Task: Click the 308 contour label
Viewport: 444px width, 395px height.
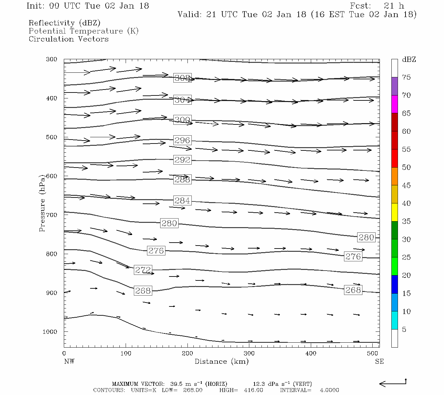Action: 182,78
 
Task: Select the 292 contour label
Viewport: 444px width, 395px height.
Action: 182,160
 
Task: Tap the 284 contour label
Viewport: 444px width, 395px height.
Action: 182,200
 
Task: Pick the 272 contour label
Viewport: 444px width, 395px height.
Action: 143,270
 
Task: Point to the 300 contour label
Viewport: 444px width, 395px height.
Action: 182,120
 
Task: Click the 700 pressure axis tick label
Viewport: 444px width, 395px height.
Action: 52,215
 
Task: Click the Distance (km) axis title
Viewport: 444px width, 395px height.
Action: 221,361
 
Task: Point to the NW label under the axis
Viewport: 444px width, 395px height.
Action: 69,361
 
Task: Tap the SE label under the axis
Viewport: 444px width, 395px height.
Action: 379,361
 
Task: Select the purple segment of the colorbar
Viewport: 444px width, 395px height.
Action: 394,86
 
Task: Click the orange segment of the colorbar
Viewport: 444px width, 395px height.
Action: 394,176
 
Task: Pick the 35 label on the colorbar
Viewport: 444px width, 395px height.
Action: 406,222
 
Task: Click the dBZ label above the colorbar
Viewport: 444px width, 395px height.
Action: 409,60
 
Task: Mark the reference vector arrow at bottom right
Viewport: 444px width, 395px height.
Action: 392,383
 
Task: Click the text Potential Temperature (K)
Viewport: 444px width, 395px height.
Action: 84,31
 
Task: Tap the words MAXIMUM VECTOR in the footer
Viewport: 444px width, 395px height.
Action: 138,384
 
